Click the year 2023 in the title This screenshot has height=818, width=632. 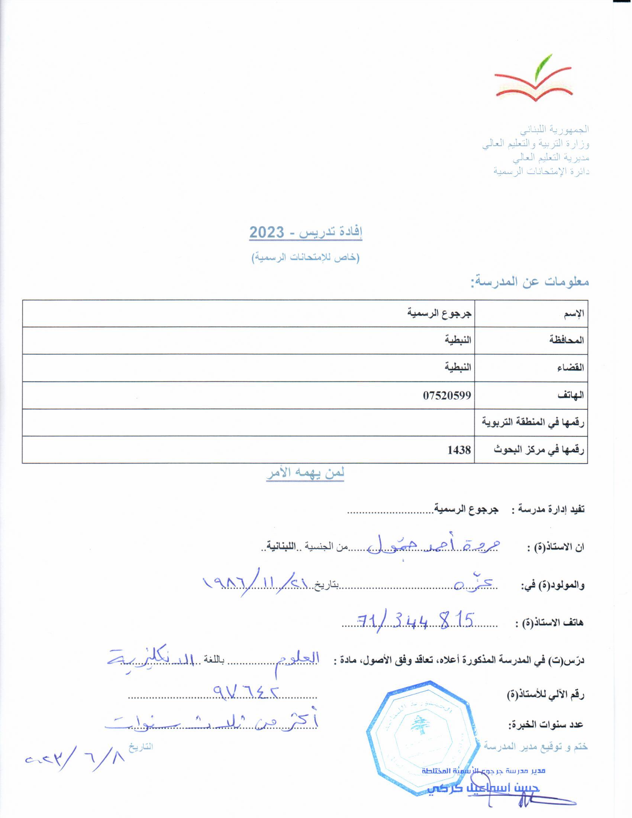tap(267, 233)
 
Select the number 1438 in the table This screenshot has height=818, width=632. tap(459, 450)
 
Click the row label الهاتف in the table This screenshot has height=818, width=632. tap(571, 396)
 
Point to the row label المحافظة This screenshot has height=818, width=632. tap(567, 341)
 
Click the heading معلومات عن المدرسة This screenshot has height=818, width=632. tap(530, 282)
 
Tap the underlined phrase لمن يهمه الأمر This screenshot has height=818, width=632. tap(305, 473)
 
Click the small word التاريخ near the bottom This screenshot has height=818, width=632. tap(141, 746)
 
